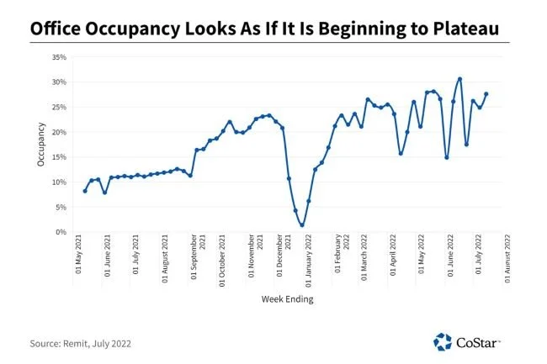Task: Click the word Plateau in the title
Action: [461, 29]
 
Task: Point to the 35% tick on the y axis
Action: [59, 57]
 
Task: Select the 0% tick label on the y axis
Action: [61, 232]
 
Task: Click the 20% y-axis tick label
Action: [59, 132]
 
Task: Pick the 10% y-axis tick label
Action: [59, 182]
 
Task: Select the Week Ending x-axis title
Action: [289, 297]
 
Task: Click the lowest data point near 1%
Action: [301, 225]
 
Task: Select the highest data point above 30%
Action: [459, 79]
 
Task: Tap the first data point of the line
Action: [85, 191]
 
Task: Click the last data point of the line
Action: [486, 94]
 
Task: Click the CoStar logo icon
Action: [443, 341]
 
